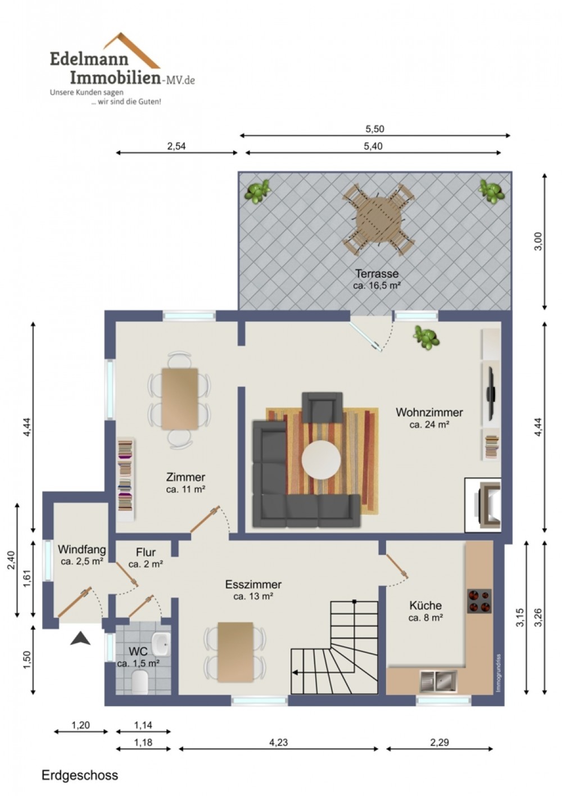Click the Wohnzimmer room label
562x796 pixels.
[429, 413]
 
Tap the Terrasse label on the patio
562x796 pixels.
[377, 274]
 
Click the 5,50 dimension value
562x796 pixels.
[375, 129]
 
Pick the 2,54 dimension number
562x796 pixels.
[176, 146]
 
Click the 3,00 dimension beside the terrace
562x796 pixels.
[538, 241]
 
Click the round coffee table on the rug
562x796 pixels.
[321, 460]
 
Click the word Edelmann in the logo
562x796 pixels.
[89, 59]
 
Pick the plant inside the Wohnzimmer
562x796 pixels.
[425, 337]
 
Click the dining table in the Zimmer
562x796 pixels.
[180, 399]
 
